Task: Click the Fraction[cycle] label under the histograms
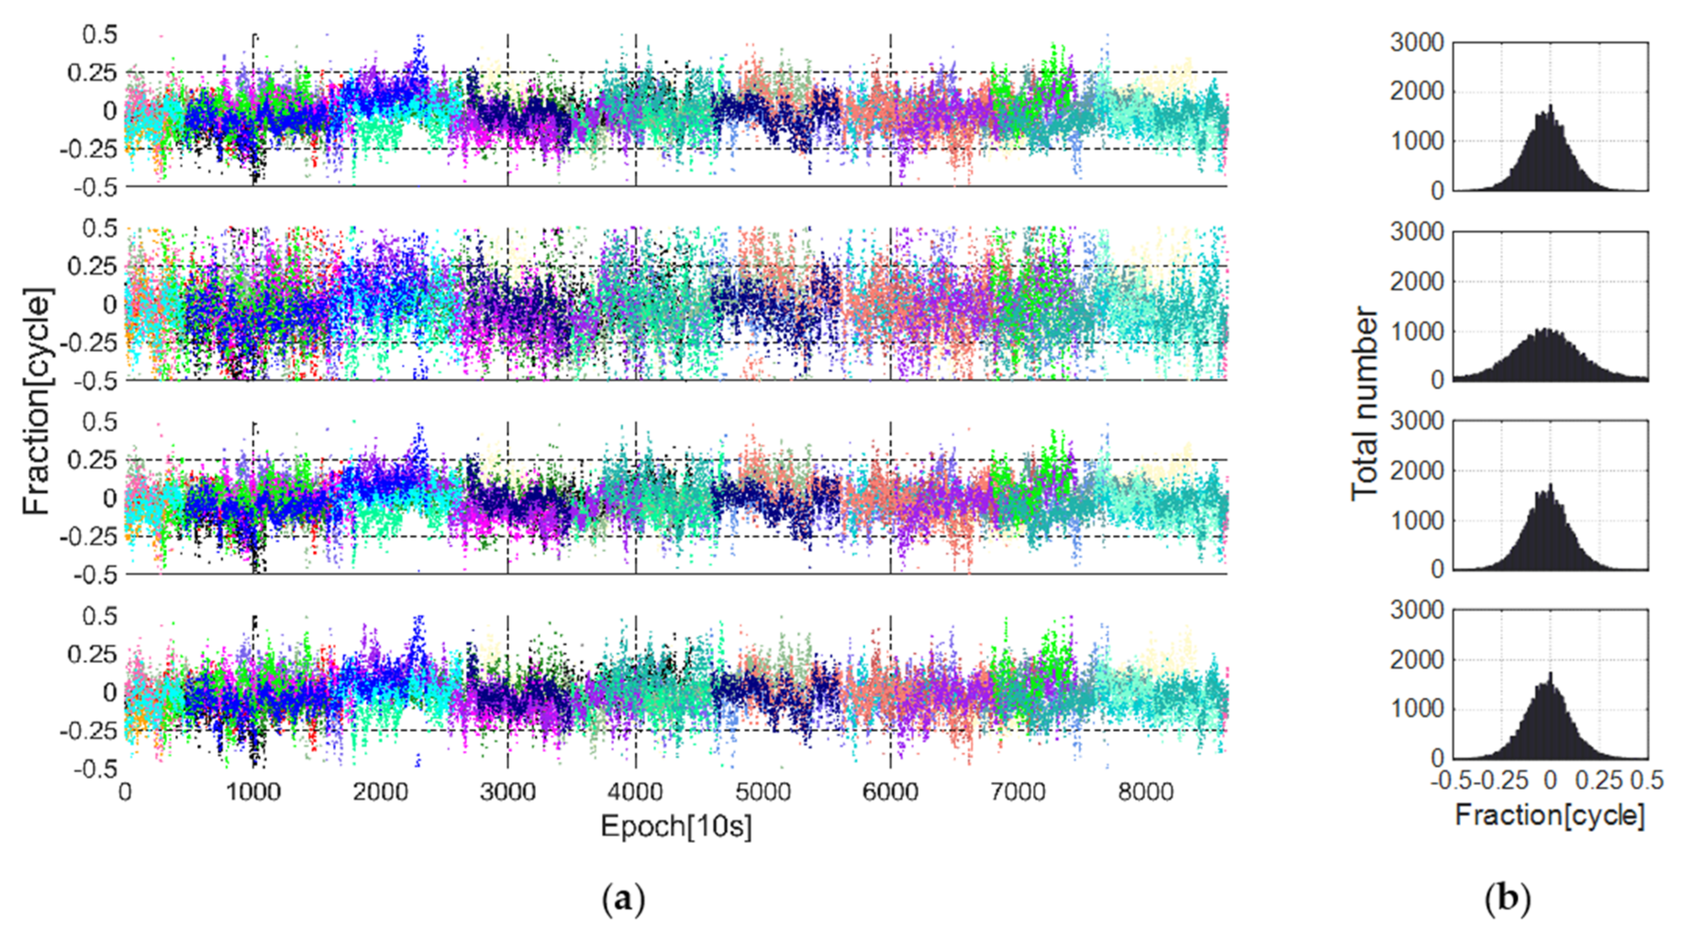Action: click(x=1549, y=816)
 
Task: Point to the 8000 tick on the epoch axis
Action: click(x=1145, y=792)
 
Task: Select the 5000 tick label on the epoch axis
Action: click(x=762, y=792)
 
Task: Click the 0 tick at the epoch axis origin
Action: click(x=125, y=792)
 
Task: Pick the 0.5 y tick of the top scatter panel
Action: click(x=100, y=34)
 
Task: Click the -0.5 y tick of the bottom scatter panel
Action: click(x=95, y=769)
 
